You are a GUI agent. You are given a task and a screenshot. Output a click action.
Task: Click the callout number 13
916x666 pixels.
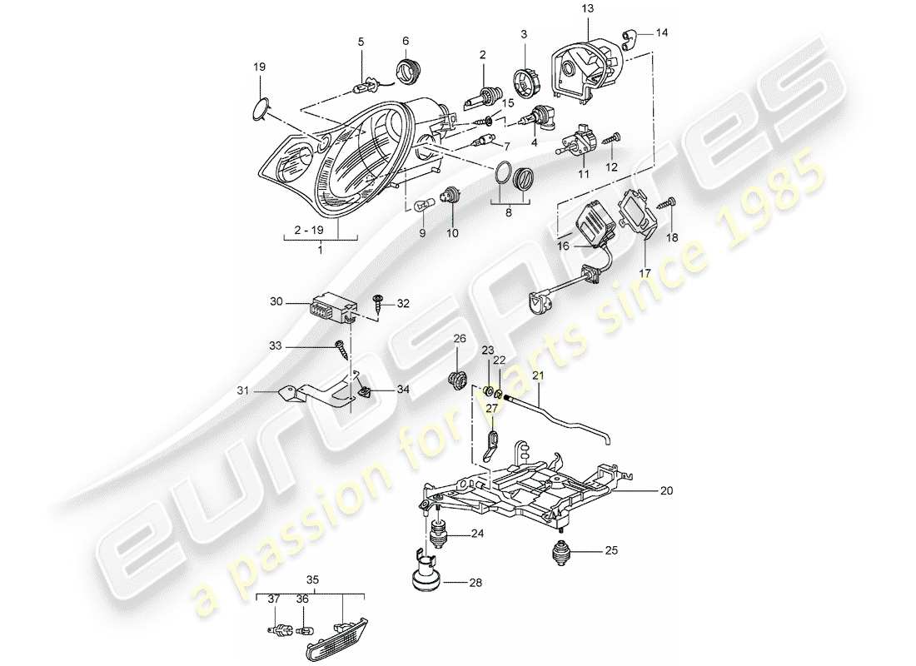click(x=588, y=8)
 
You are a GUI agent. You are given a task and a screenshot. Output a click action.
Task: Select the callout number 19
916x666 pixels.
click(x=259, y=65)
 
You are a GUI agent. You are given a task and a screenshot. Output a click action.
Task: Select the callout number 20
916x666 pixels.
click(x=665, y=491)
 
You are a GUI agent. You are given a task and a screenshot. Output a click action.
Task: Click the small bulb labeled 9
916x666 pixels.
click(x=421, y=203)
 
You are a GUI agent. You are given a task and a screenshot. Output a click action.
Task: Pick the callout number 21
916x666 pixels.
click(x=538, y=376)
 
